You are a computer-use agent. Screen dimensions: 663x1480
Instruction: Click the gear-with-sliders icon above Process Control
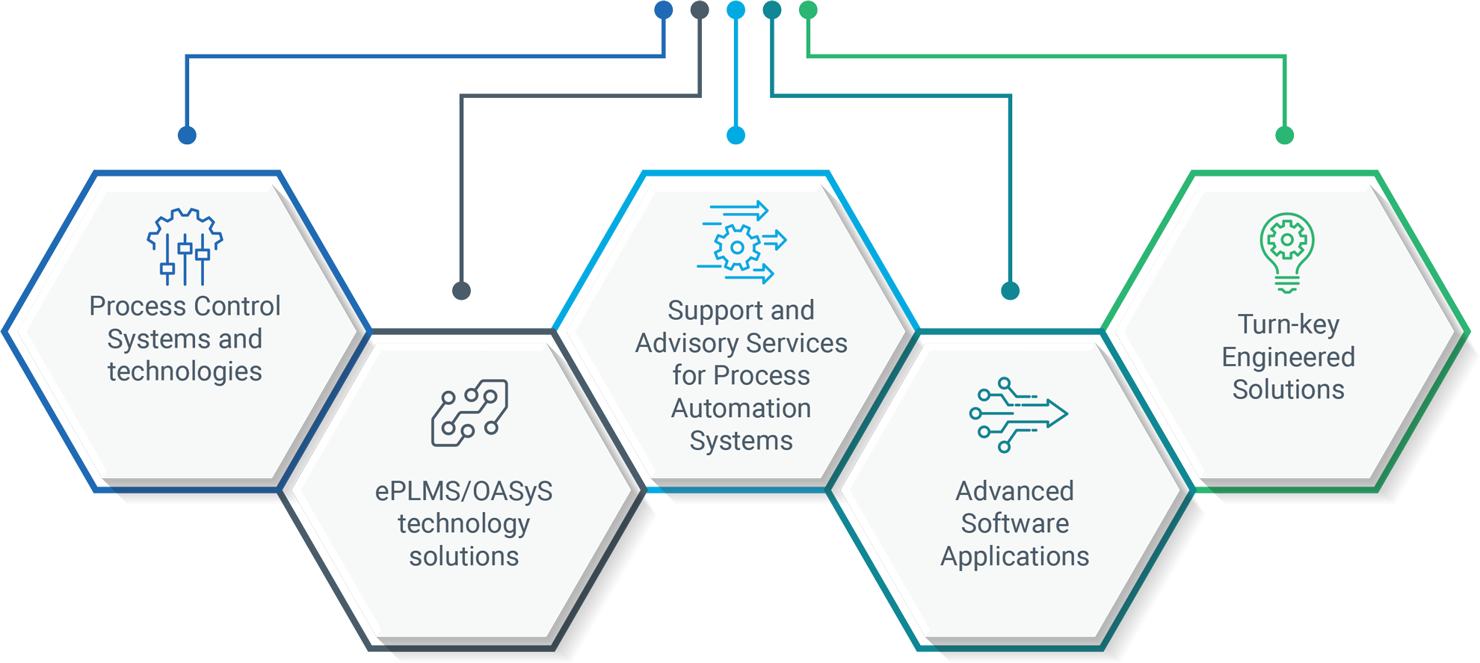point(185,247)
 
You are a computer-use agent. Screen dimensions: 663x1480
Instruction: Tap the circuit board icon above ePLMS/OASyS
point(469,413)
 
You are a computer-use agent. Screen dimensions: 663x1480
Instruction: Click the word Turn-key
point(1289,324)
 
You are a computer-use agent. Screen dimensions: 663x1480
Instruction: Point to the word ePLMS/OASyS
point(463,492)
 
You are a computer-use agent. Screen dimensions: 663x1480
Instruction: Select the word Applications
point(1014,557)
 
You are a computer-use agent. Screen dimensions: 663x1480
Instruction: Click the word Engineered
point(1288,357)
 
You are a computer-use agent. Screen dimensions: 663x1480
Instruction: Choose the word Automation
point(741,409)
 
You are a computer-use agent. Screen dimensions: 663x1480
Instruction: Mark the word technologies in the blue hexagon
point(185,371)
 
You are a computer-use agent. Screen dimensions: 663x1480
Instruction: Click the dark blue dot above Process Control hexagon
point(187,135)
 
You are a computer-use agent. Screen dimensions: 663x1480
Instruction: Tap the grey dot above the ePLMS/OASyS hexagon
point(462,291)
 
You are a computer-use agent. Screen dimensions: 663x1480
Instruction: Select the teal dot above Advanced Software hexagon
point(1010,291)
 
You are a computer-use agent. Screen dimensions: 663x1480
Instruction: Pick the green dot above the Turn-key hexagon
point(1284,135)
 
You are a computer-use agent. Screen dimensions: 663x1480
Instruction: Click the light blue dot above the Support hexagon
point(736,135)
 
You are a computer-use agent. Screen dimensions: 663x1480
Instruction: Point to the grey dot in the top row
point(700,10)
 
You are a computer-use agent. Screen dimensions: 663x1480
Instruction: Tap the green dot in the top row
point(808,10)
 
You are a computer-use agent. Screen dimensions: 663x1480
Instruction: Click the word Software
point(1014,524)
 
